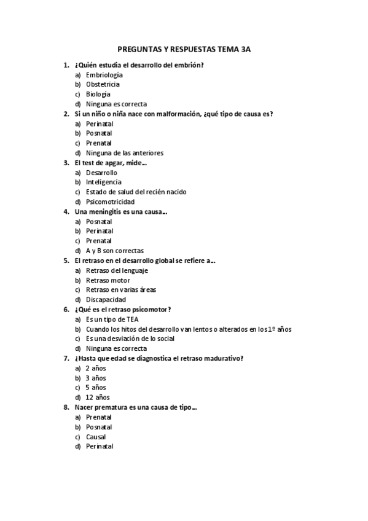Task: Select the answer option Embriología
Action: pos(104,74)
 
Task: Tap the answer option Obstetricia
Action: pos(103,84)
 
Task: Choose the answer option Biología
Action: pos(98,94)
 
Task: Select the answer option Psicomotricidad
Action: pos(110,202)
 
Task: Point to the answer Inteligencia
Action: pos(103,182)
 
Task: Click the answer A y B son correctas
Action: pos(114,251)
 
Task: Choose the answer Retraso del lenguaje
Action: pos(117,270)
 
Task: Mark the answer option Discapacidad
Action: pos(106,300)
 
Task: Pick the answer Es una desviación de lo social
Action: pos(130,339)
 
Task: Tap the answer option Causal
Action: pos(96,437)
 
